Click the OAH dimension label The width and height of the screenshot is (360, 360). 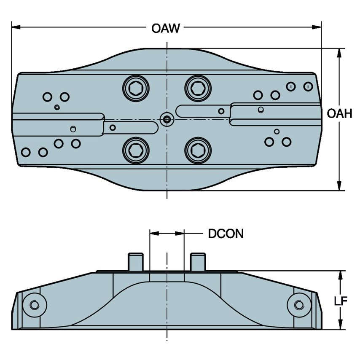pyautogui.click(x=339, y=113)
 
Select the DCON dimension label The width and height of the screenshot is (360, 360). pyautogui.click(x=226, y=234)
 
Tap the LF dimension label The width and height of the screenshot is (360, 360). pyautogui.click(x=340, y=301)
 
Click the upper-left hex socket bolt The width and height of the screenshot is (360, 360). pyautogui.click(x=136, y=89)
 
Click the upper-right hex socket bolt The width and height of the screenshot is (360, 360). pyautogui.click(x=198, y=89)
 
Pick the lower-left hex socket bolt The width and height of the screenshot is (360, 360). pyautogui.click(x=136, y=150)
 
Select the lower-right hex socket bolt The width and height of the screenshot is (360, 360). pyautogui.click(x=198, y=150)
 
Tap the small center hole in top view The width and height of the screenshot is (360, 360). pyautogui.click(x=167, y=120)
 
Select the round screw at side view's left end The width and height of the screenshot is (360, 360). pyautogui.click(x=35, y=304)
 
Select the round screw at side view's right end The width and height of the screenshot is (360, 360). pyautogui.click(x=299, y=304)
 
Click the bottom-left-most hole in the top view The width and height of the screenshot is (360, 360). pyautogui.click(x=26, y=152)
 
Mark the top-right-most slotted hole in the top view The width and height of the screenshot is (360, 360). pyautogui.click(x=308, y=86)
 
